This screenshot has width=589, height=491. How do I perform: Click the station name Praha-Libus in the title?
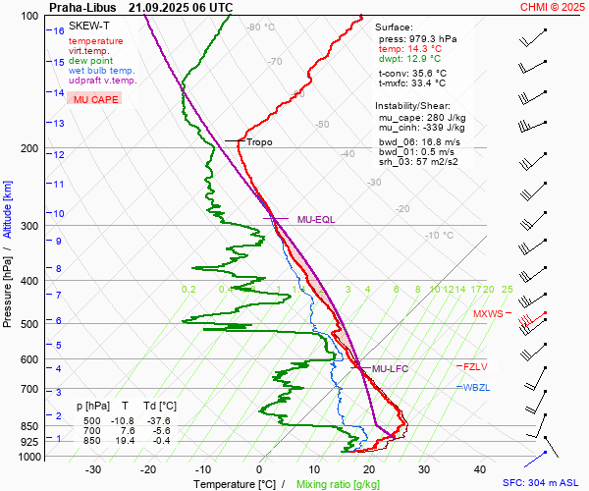(82, 7)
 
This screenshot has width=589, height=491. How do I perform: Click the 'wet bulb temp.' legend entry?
(102, 71)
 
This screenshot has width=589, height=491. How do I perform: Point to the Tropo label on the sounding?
(260, 142)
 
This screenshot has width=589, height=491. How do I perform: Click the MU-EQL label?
(316, 219)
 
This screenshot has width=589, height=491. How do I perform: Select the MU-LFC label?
(390, 368)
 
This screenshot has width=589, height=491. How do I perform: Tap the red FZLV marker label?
(478, 366)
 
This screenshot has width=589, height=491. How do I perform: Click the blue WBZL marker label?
(477, 387)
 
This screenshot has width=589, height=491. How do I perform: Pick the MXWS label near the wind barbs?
(487, 314)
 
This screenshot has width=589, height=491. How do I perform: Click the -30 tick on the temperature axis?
(93, 469)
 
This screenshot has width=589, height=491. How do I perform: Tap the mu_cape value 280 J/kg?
(447, 118)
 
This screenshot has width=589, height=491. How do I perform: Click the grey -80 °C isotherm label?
(261, 27)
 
